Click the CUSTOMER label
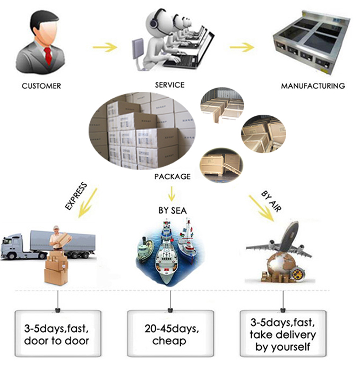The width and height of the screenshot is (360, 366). pos(41,85)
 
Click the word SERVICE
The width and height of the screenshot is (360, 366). pos(170,84)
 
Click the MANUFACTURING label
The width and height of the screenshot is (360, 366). pos(313,86)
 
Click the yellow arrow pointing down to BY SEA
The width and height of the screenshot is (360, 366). pos(171,192)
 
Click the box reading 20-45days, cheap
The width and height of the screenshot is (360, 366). pos(171,335)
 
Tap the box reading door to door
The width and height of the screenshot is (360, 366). pos(57,335)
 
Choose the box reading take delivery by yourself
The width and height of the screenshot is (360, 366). pos(283,335)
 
